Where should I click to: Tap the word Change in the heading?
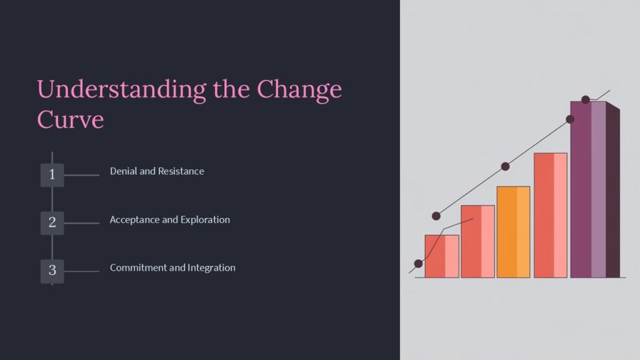[x=300, y=89]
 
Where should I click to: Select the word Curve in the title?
[x=71, y=119]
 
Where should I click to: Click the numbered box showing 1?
[x=52, y=175]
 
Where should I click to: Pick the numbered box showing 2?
[x=52, y=222]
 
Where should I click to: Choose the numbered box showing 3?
[x=52, y=271]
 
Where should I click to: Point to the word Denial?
[x=124, y=171]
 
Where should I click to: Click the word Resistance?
[x=181, y=171]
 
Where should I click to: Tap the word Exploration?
[x=205, y=220]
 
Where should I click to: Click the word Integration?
[x=211, y=267]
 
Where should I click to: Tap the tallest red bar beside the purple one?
[x=550, y=215]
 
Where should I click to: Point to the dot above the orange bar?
[x=505, y=166]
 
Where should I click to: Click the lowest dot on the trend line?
[x=418, y=264]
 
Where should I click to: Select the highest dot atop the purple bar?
[x=586, y=100]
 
